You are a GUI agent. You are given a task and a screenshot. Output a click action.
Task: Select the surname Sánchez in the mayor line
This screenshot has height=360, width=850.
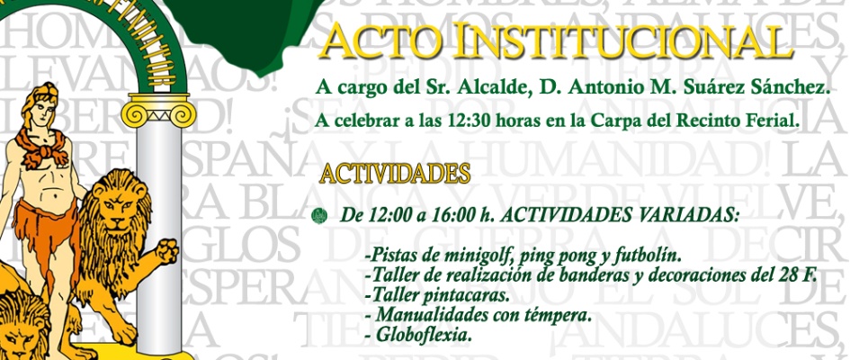pos(781,89)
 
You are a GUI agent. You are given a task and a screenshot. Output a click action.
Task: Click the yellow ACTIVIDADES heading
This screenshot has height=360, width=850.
pos(395,171)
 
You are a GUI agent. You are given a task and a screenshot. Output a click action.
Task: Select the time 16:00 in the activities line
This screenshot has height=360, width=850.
pos(442,216)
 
